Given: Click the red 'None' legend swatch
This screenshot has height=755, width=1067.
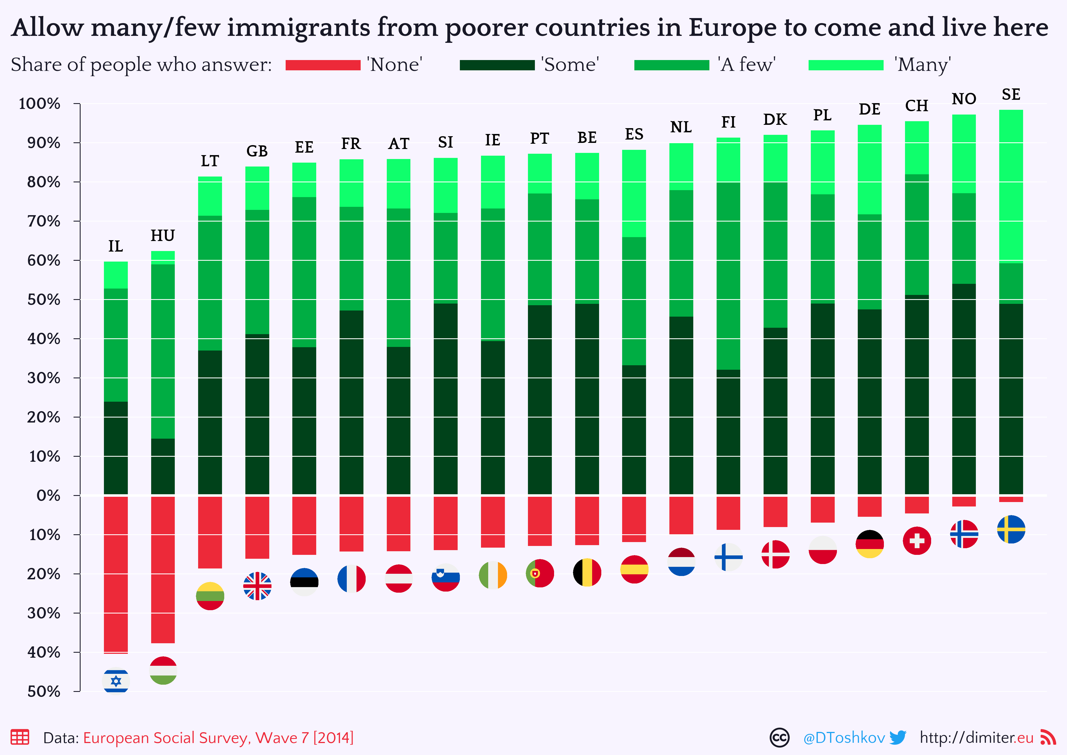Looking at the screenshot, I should [323, 65].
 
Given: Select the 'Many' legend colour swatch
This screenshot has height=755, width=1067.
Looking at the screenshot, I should [846, 65].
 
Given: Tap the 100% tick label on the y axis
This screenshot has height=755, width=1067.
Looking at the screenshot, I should [39, 104].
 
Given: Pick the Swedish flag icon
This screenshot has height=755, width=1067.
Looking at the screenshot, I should [1011, 529].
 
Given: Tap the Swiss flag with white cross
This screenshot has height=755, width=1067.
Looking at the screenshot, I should [916, 541].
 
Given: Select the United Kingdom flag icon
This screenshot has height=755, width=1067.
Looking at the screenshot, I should [257, 586].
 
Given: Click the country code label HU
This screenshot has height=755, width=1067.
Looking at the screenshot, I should [163, 236].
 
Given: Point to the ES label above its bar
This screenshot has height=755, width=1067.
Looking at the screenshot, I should [634, 134].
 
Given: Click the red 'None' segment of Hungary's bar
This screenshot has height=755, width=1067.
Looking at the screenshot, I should [163, 570].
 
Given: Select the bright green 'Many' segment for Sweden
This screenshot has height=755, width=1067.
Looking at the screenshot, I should [1011, 186].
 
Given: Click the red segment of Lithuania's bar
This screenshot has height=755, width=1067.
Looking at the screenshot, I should [210, 532].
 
